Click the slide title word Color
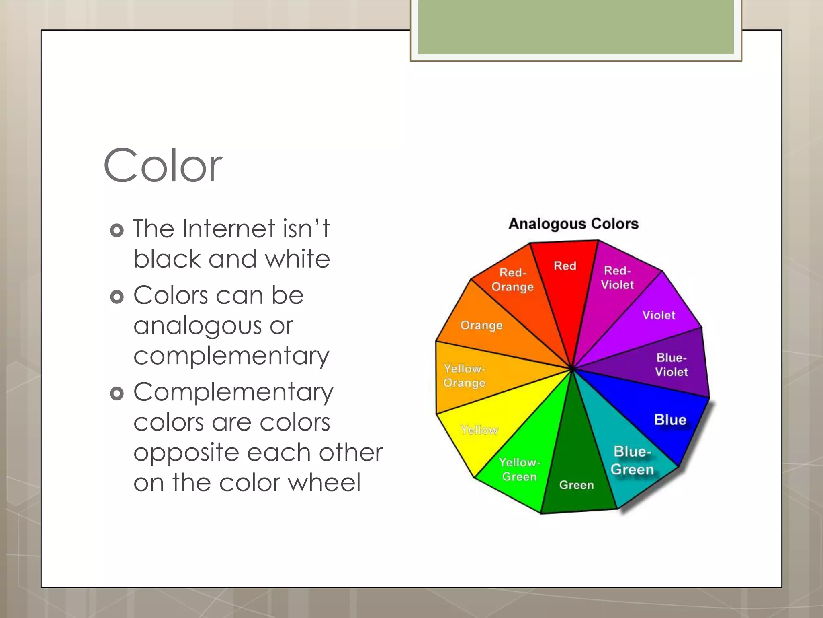163,165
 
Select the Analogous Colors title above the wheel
573,224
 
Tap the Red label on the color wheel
565,266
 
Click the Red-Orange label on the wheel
512,280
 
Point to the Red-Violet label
617,278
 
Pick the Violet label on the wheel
659,315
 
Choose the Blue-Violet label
672,365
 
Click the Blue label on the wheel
670,420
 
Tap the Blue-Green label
632,460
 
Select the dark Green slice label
576,485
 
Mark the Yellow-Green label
520,469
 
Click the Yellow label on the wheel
479,430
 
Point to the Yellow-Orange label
465,375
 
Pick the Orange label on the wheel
481,325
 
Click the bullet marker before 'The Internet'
117,230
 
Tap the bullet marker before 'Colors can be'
117,297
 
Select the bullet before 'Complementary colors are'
117,393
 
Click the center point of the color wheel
572,368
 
